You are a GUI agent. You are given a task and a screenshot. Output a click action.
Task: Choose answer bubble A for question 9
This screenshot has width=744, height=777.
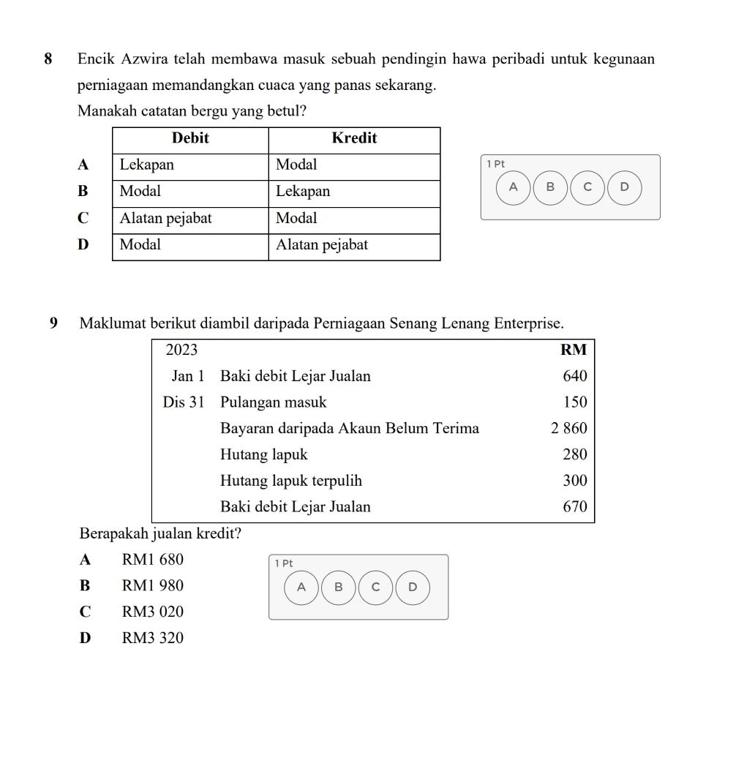click(x=301, y=587)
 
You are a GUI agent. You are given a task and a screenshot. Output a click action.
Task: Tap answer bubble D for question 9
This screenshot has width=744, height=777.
click(x=413, y=587)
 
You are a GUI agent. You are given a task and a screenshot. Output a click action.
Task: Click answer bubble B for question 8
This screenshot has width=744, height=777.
click(x=551, y=187)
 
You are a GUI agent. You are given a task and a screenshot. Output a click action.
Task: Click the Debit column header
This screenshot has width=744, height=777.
click(x=190, y=138)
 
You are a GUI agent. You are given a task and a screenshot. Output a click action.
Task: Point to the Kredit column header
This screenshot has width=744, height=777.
click(x=354, y=138)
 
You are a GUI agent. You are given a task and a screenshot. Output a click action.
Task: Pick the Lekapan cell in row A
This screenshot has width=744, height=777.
click(x=147, y=165)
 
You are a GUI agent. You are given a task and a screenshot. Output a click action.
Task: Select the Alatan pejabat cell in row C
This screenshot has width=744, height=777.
click(x=166, y=217)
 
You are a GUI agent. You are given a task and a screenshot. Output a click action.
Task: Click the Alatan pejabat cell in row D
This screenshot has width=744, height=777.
click(x=322, y=245)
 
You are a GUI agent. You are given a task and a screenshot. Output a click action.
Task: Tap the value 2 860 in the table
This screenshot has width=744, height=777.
click(x=569, y=429)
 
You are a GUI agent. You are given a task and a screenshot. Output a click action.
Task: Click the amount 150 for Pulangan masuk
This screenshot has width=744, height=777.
click(x=575, y=402)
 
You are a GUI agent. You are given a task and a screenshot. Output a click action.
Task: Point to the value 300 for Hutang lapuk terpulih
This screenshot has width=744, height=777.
click(x=575, y=481)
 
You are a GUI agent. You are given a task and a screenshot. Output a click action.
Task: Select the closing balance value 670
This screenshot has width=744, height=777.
click(x=575, y=507)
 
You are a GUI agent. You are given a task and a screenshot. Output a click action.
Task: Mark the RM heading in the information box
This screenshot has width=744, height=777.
click(x=574, y=350)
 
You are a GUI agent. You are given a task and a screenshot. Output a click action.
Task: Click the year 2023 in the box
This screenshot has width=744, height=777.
click(x=181, y=350)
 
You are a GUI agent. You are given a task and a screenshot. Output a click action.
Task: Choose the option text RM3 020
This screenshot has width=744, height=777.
click(x=153, y=612)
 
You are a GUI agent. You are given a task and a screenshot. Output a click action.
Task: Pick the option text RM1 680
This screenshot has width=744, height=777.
click(x=153, y=560)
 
